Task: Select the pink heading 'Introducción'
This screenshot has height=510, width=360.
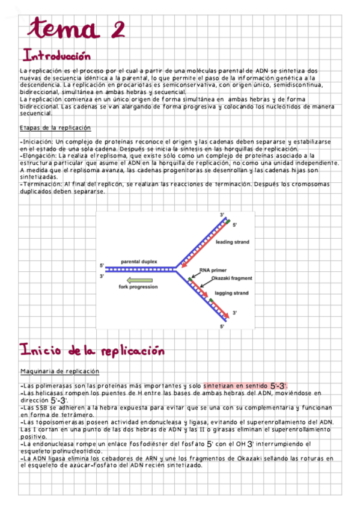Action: coord(56,56)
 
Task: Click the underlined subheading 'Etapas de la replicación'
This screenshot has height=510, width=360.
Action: coord(55,127)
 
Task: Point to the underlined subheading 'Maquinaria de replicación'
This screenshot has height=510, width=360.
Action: coord(59,371)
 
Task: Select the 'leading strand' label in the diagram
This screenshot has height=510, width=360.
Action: coord(232,242)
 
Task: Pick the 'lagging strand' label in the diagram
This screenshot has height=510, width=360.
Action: coord(231,293)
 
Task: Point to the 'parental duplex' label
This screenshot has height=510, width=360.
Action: coord(139,262)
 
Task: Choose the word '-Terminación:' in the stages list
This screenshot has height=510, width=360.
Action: coord(41,184)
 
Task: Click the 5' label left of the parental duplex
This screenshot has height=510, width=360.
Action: coord(102,265)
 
